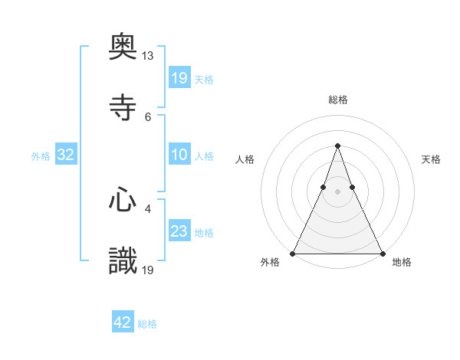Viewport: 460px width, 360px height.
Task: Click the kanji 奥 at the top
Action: coord(123,49)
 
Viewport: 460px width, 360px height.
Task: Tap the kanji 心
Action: coord(123,201)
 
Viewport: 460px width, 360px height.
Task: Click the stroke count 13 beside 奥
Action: coord(148,56)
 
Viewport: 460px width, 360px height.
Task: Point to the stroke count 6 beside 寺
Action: coord(148,116)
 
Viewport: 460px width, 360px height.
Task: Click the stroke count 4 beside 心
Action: coord(148,208)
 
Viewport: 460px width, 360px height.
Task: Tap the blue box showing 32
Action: coord(66,155)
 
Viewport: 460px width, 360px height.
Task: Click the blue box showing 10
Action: coord(179,155)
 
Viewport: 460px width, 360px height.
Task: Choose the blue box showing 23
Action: coord(179,231)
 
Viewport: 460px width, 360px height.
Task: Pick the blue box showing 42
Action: coord(123,322)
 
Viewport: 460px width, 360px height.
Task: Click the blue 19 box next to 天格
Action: coord(179,77)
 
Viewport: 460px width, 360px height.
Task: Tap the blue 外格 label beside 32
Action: coord(41,155)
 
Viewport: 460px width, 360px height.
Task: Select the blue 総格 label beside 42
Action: coord(147,323)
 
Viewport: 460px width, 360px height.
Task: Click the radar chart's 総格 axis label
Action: coord(337,100)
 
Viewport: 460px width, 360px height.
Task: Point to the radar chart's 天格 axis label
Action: coord(431,159)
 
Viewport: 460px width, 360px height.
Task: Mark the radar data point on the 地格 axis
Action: coord(382,253)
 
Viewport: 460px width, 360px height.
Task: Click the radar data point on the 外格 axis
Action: coord(293,253)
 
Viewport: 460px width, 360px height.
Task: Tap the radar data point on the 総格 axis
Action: coord(337,146)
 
